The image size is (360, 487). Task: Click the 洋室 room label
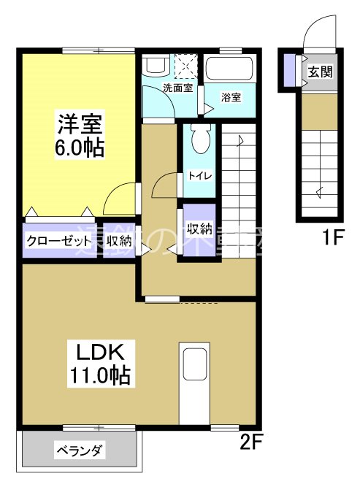(x=79, y=121)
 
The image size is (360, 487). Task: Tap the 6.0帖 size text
(x=79, y=146)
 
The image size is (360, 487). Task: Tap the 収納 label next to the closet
(x=120, y=241)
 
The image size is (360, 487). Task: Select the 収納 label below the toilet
(x=199, y=228)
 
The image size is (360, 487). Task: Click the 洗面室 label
(x=177, y=88)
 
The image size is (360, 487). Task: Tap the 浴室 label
(x=231, y=97)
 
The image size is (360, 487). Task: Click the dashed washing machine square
(x=187, y=66)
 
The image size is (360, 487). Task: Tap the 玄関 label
(x=319, y=72)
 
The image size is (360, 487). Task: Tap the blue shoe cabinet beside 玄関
(x=290, y=70)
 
